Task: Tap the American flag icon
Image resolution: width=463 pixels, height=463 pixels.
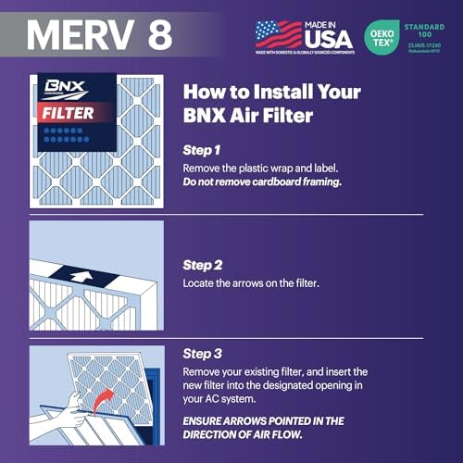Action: point(278,34)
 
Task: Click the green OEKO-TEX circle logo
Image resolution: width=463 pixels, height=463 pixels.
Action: point(382,34)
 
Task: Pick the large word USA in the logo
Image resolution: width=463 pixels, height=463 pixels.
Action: point(330,39)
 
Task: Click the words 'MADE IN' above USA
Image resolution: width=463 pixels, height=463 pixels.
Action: point(330,23)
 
